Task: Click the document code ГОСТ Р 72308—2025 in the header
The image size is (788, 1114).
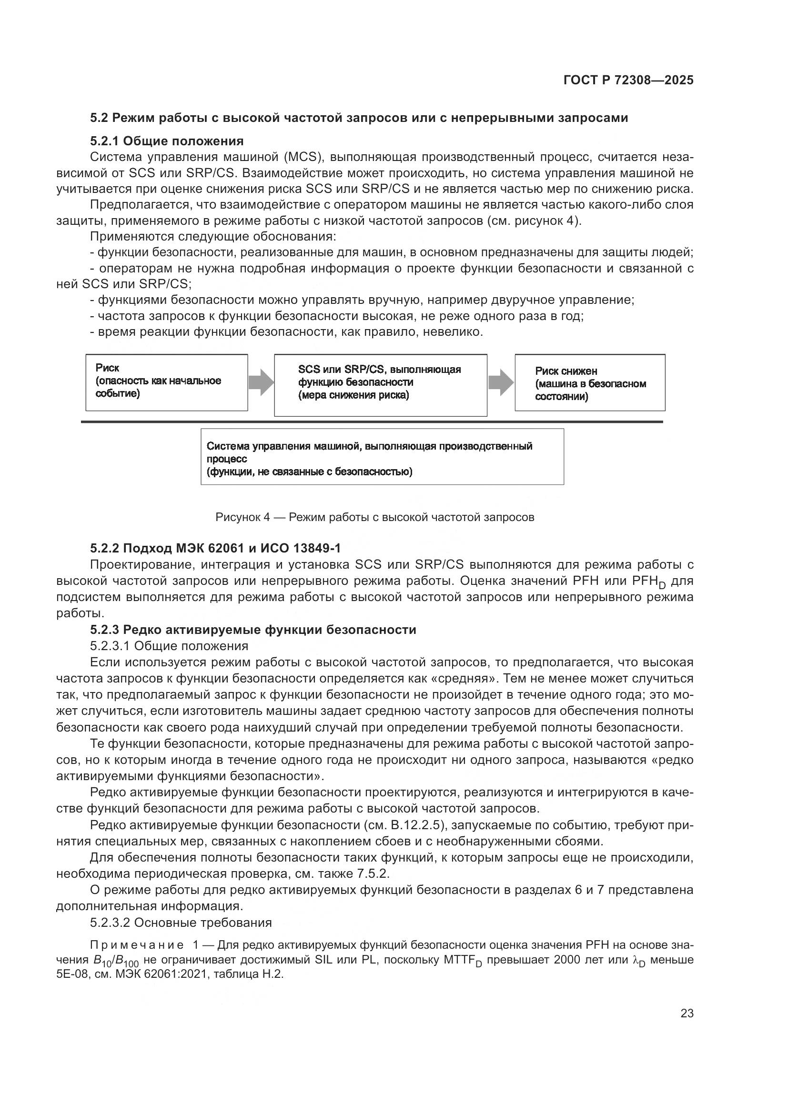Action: tap(628, 80)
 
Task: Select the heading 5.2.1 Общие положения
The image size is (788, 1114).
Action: tap(166, 141)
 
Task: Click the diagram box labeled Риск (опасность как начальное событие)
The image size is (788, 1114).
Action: tap(166, 382)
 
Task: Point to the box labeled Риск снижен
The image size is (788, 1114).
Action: tap(589, 383)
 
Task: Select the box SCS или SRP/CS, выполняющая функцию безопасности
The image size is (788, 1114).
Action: tap(380, 385)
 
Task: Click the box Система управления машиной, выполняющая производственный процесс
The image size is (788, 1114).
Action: tap(382, 457)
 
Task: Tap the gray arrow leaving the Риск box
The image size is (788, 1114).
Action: tap(261, 382)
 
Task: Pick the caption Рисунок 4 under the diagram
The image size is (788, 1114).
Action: tap(374, 517)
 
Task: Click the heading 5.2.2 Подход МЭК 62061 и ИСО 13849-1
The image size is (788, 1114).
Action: tap(215, 548)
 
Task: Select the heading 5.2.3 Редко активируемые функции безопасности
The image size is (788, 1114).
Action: tap(253, 630)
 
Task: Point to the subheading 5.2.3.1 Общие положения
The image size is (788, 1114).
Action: tap(169, 646)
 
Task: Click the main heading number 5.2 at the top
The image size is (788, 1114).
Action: tap(100, 118)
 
